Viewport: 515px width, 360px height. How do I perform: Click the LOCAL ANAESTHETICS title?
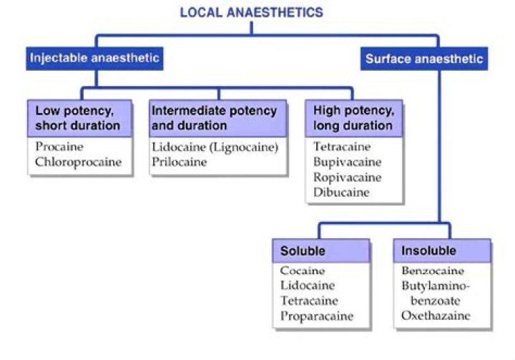coord(251,12)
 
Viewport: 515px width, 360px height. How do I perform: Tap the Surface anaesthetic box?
coord(424,59)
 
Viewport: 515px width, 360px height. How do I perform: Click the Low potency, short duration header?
coord(81,118)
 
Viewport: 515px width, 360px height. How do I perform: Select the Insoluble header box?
coord(443,251)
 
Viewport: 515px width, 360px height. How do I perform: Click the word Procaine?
coord(59,146)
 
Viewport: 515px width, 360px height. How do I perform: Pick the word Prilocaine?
coord(179,162)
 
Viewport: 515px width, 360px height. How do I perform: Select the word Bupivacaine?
coord(347,162)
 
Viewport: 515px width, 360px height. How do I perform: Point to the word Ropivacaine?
coord(348,177)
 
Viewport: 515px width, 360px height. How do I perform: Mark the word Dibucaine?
coord(342,192)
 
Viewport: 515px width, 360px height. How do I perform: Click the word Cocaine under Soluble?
coord(303,271)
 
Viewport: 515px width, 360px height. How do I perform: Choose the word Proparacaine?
coord(317,316)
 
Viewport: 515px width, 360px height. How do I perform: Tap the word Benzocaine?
coord(432,271)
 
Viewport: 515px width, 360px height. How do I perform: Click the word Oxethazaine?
coord(435,316)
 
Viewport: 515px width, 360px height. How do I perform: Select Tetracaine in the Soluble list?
coord(310,301)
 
